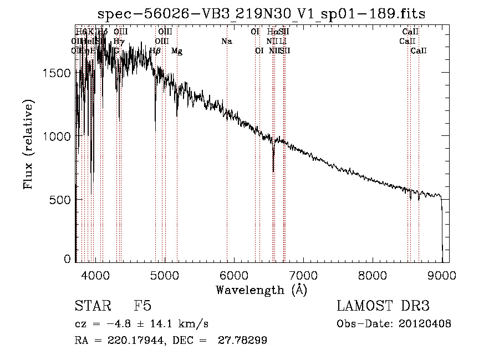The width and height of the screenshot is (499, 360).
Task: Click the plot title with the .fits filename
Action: click(x=261, y=14)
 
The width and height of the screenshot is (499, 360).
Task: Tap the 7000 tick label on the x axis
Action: click(x=303, y=275)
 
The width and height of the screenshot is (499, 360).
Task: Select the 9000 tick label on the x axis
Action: click(x=442, y=275)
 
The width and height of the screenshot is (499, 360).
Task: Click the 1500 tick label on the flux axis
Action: click(x=58, y=73)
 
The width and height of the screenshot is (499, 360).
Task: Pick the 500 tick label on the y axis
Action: click(x=62, y=199)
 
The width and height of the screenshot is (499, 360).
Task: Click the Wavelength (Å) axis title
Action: click(x=261, y=290)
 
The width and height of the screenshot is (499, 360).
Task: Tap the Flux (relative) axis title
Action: click(x=28, y=144)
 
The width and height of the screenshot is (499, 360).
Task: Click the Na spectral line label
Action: click(x=226, y=41)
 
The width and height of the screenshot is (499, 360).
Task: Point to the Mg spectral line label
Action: click(x=177, y=51)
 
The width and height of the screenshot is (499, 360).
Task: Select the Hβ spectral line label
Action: click(x=155, y=51)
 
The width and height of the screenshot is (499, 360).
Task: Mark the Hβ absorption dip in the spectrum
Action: click(x=155, y=125)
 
